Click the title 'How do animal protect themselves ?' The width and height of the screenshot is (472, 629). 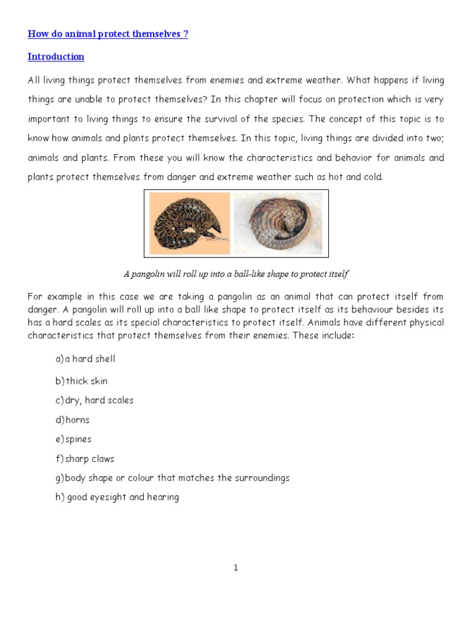108,34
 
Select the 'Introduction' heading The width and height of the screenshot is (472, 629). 56,57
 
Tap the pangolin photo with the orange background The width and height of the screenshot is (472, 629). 187,223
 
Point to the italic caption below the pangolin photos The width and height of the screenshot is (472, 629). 236,273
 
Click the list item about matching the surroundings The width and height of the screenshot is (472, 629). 172,478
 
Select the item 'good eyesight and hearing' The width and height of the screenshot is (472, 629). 117,497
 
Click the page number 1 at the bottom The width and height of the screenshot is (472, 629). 235,568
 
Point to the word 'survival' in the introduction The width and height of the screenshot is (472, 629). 289,119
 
